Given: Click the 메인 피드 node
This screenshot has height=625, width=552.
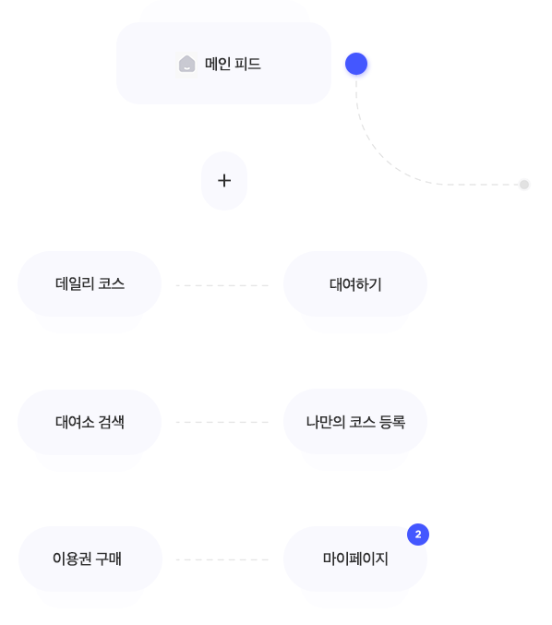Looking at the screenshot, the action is click(223, 64).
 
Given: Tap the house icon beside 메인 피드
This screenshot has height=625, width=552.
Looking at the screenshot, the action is click(186, 64).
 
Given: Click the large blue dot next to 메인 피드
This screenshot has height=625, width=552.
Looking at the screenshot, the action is click(356, 64).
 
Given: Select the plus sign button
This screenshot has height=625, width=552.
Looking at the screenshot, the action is click(224, 181).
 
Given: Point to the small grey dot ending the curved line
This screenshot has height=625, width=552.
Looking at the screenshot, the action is click(524, 185).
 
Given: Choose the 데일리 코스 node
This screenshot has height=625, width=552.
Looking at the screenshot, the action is click(90, 283).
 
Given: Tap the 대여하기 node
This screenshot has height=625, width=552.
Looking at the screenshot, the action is click(355, 284).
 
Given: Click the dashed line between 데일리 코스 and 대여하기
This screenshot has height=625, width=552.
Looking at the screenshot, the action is click(222, 285).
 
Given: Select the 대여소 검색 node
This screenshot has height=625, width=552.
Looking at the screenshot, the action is click(90, 422).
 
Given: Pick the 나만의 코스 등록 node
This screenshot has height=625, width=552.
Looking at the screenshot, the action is click(355, 422).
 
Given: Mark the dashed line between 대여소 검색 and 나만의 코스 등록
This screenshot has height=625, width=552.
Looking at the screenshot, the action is click(222, 422).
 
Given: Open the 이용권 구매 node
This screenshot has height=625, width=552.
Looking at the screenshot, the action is click(90, 559).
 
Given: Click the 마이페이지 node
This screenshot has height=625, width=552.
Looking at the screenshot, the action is click(355, 559).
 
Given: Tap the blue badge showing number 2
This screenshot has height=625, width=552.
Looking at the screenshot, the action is click(418, 535).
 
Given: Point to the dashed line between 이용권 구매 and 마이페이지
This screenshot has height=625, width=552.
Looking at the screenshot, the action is click(222, 559).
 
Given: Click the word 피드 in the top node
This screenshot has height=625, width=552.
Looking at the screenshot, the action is click(247, 64).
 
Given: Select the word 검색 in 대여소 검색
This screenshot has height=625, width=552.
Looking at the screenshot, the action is click(111, 422).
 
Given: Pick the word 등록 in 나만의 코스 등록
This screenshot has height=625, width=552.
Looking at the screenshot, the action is click(392, 422).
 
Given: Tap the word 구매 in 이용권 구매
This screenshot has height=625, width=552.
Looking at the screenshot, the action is click(108, 559).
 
